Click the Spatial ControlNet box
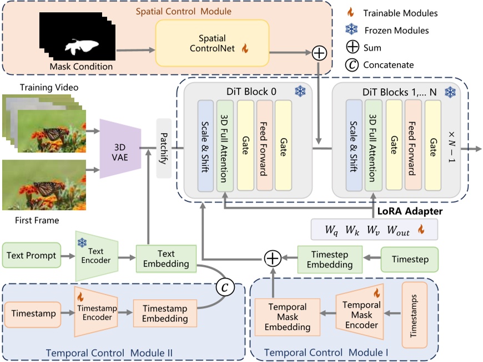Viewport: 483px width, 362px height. [212, 44]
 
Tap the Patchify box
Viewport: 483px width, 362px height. [165, 148]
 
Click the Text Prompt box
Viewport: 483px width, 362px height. [32, 256]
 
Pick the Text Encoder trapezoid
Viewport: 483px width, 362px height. [96, 256]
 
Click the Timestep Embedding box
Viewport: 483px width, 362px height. [330, 259]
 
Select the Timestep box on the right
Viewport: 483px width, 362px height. [409, 259]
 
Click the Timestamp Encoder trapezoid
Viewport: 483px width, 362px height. [96, 314]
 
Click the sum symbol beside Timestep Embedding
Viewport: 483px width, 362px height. [272, 258]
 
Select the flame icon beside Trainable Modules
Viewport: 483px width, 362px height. [350, 12]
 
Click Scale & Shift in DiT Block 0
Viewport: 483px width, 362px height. [205, 145]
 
